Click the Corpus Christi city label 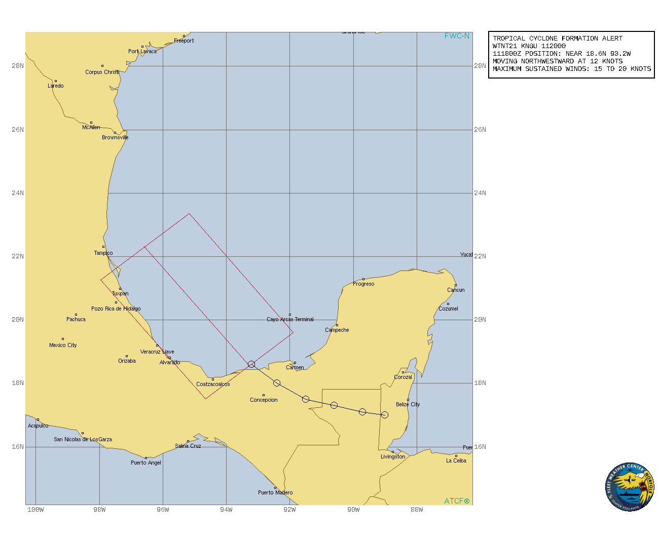pyautogui.click(x=102, y=72)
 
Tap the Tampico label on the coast pyautogui.click(x=103, y=253)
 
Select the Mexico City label pyautogui.click(x=63, y=345)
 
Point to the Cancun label pyautogui.click(x=456, y=290)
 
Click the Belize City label pyautogui.click(x=408, y=404)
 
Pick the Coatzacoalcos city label pyautogui.click(x=213, y=384)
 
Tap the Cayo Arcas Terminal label pyautogui.click(x=290, y=319)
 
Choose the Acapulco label pyautogui.click(x=38, y=426)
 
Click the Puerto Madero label pyautogui.click(x=275, y=492)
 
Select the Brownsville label pyautogui.click(x=115, y=137)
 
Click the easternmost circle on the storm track pyautogui.click(x=385, y=415)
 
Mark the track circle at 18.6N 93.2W pyautogui.click(x=251, y=364)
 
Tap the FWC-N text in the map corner pyautogui.click(x=457, y=36)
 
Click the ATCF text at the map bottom pyautogui.click(x=457, y=501)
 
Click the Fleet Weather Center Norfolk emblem pyautogui.click(x=630, y=487)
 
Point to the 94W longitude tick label pyautogui.click(x=226, y=509)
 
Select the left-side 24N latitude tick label pyautogui.click(x=18, y=193)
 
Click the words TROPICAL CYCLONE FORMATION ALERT pyautogui.click(x=558, y=39)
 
